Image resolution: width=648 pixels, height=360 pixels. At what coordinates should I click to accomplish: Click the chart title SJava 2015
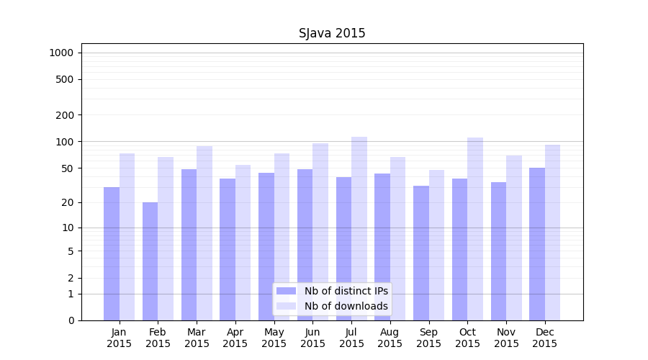pos(332,33)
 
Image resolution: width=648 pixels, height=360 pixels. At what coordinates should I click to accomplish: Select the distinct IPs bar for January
pos(112,253)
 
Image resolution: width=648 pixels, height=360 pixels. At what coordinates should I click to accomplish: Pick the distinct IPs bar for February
pos(150,261)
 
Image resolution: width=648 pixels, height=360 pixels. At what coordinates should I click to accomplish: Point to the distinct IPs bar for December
pos(537,244)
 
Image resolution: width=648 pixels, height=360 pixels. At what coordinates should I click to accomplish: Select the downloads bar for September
pos(436,245)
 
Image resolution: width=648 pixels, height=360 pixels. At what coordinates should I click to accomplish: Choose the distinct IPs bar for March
pos(189,245)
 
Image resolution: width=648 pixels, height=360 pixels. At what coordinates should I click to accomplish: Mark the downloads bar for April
pos(243,243)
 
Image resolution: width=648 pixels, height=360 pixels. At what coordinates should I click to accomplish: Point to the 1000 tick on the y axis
pos(61,53)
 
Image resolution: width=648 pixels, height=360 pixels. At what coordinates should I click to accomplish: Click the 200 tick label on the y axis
pos(65,115)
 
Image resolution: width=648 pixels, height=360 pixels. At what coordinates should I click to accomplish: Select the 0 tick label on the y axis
pos(71,320)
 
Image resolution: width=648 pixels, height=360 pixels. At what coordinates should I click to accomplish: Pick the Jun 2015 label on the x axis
pos(312,338)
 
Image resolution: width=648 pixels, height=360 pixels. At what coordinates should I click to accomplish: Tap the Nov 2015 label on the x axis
pos(506,338)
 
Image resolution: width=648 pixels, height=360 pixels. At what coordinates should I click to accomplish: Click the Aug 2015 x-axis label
pos(390,338)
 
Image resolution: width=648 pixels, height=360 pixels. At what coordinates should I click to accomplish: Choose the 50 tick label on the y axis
pos(68,168)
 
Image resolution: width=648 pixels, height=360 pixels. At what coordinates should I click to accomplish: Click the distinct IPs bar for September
pos(421,253)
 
